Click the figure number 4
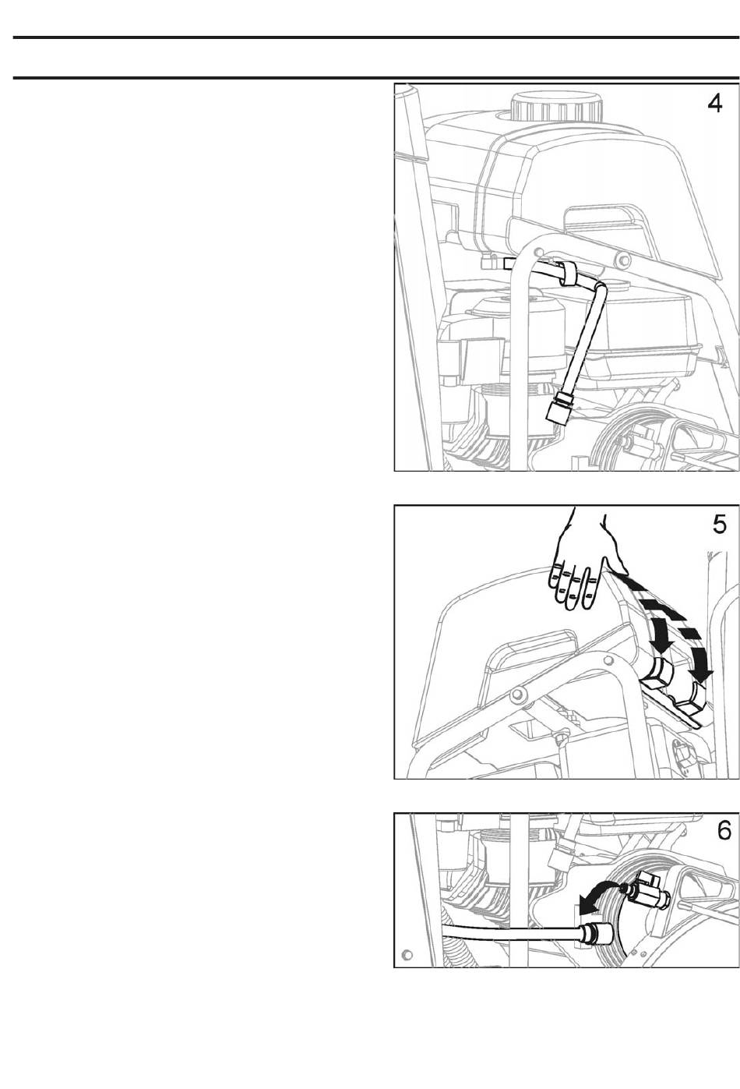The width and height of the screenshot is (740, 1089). tap(714, 103)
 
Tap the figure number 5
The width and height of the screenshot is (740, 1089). tap(719, 525)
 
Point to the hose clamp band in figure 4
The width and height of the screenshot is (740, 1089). tap(569, 274)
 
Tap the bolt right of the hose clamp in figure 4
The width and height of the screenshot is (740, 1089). tap(619, 261)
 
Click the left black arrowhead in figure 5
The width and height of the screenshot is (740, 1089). tap(661, 645)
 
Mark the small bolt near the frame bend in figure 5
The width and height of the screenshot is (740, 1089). tap(606, 660)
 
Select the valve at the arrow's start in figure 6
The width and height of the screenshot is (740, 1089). tap(644, 889)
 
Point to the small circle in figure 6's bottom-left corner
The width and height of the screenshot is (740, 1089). tap(407, 955)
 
